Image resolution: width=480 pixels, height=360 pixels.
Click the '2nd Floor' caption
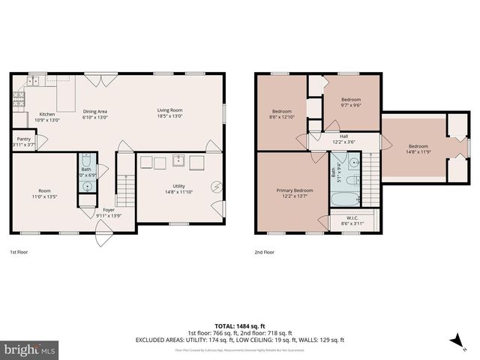click(265, 253)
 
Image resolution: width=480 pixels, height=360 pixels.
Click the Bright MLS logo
click(30, 349)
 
